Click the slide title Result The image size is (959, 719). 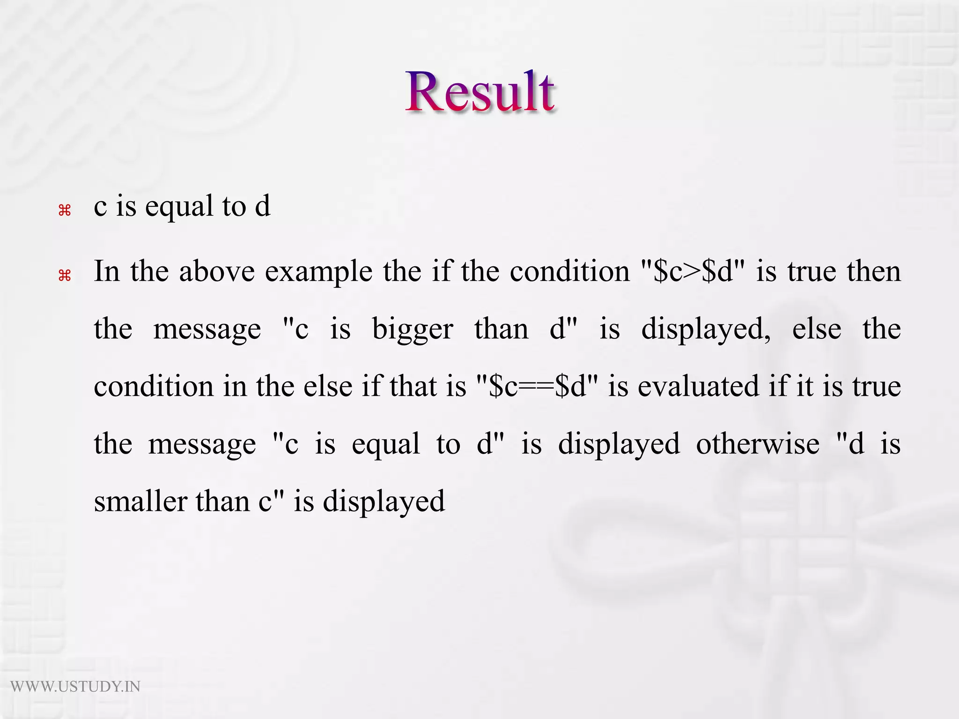480,92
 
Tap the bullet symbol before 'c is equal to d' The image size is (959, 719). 65,211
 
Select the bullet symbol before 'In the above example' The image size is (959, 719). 65,276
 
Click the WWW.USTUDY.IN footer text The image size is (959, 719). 75,687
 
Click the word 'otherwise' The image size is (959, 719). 758,444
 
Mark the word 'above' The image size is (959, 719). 217,271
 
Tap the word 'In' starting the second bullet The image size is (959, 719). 107,271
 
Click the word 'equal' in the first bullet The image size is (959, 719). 179,207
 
